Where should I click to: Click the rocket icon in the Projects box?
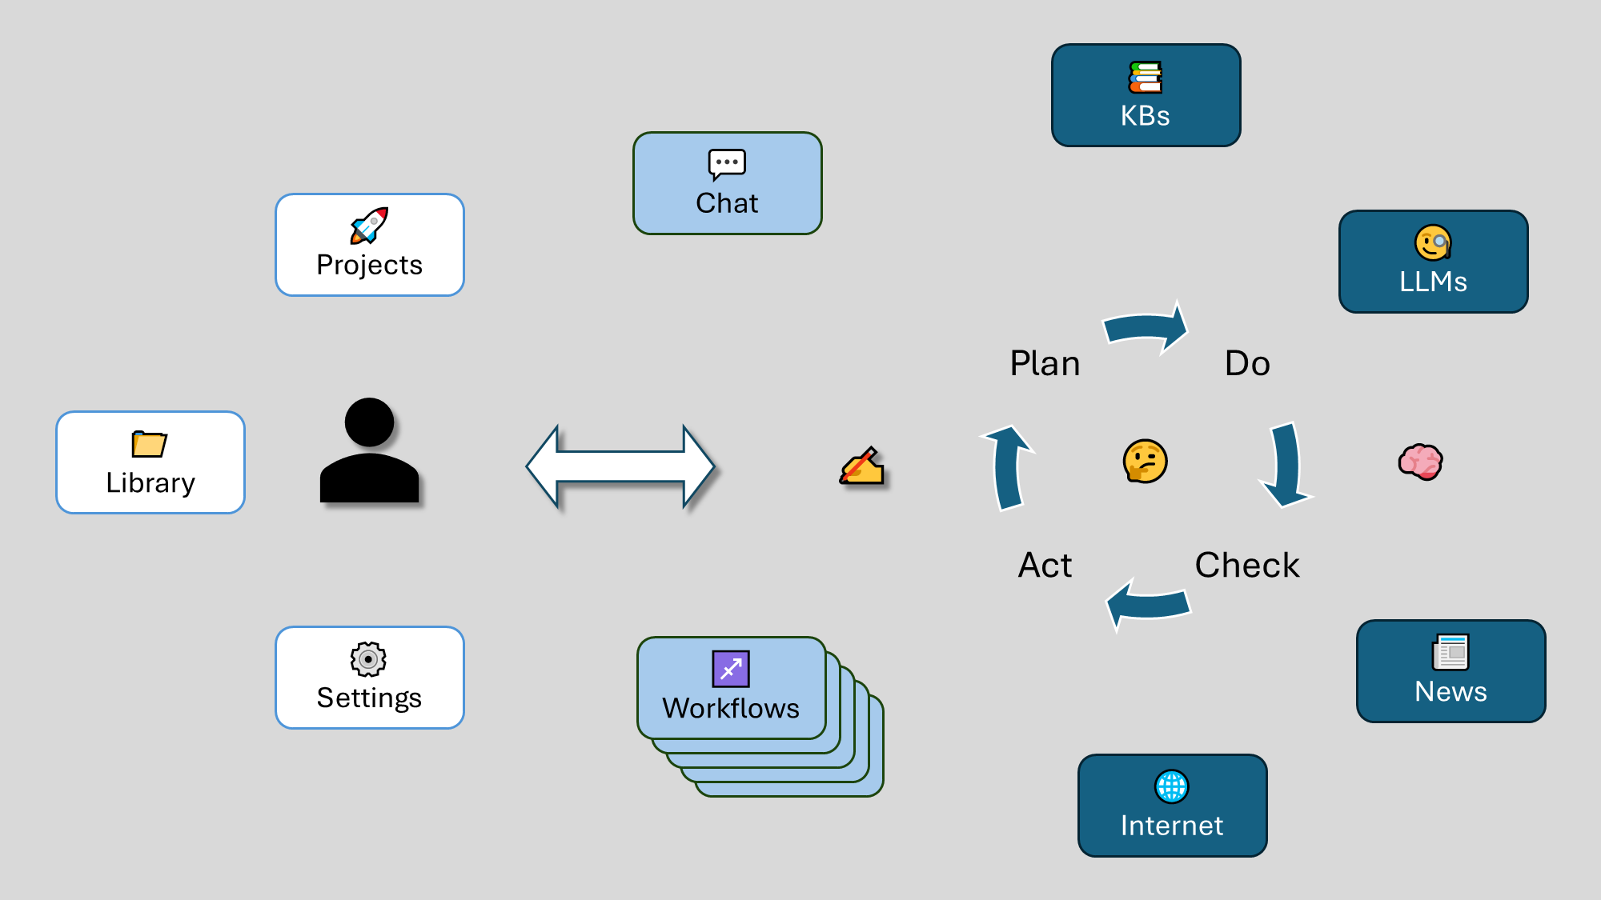click(x=369, y=226)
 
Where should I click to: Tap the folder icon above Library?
click(x=149, y=444)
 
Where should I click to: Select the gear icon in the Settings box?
click(x=368, y=660)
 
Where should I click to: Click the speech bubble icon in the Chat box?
click(x=727, y=164)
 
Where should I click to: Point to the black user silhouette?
click(x=369, y=452)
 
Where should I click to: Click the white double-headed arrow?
click(x=620, y=466)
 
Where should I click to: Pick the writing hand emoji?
click(x=861, y=466)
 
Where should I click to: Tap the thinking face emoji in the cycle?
click(x=1145, y=462)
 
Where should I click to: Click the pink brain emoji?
click(x=1420, y=462)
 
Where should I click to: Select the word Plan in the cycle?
click(x=1045, y=364)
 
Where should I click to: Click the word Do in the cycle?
click(x=1247, y=364)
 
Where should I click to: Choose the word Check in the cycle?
click(x=1247, y=566)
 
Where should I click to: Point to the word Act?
click(x=1045, y=566)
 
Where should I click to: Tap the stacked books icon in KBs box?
click(x=1146, y=78)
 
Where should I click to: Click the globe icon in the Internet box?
click(x=1172, y=786)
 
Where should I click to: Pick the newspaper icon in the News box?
click(x=1451, y=652)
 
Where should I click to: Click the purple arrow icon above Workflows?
click(x=731, y=669)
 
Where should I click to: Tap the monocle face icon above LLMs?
click(x=1433, y=243)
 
